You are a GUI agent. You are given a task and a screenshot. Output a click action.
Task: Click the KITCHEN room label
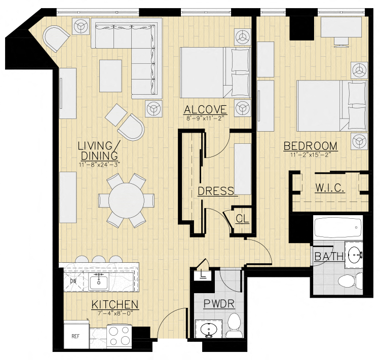pos(115,304)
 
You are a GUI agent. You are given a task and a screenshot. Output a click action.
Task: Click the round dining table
pos(126,200)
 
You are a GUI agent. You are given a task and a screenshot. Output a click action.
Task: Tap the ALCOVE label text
pos(205,109)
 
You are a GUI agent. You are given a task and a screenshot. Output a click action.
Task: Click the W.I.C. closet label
pos(330,187)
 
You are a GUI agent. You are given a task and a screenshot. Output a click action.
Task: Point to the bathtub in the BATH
pos(337,228)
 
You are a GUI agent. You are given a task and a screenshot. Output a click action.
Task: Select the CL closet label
pos(242,219)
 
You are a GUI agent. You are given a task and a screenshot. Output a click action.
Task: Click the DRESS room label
pos(216,191)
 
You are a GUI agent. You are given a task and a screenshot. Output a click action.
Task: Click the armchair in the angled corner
pos(55,38)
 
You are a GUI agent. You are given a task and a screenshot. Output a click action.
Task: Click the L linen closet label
pos(203,275)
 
